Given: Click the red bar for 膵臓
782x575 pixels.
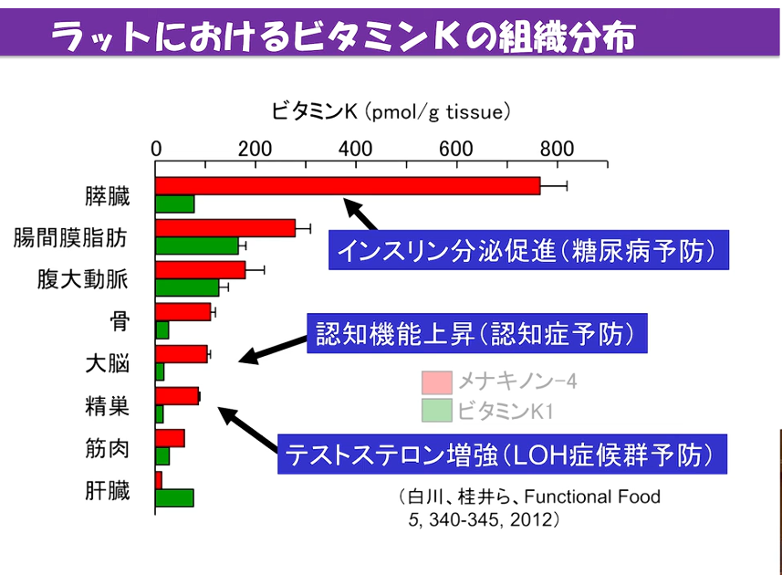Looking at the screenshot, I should (347, 186).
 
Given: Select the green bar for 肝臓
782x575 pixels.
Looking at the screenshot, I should (174, 497).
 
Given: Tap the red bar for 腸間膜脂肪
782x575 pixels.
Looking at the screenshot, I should (225, 228).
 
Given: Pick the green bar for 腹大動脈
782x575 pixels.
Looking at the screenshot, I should (187, 287).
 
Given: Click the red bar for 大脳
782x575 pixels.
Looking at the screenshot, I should (182, 354).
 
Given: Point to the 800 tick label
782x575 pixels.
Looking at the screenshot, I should (556, 150).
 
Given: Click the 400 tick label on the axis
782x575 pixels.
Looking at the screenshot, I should (355, 150).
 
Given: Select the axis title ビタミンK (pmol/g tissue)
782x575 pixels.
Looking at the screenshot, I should (390, 112).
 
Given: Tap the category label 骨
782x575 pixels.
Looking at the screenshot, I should (119, 320).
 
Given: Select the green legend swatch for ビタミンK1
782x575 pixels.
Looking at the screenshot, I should (438, 410).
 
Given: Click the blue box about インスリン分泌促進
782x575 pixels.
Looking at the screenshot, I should (528, 250).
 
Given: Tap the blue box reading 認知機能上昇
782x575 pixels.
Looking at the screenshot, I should (475, 334).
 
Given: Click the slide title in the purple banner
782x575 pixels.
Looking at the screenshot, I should (342, 37).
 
